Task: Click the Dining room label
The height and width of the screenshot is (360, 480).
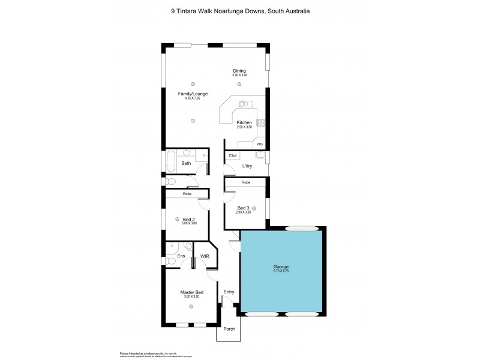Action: coord(239,71)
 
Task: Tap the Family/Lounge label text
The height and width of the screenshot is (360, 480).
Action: coord(193,94)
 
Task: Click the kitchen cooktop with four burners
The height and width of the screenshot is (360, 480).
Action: coord(261,123)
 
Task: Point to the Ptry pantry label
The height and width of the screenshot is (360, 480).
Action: coord(259,145)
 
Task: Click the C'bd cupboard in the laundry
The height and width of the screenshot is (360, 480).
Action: coord(232,156)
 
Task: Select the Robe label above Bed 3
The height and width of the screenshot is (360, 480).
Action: coord(246,182)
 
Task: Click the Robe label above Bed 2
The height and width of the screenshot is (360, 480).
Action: coord(187,194)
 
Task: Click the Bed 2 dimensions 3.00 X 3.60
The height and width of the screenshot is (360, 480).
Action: coord(190,224)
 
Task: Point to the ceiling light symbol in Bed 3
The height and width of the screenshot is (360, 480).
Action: coord(254,208)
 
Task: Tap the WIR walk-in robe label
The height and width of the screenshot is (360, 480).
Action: coord(205,256)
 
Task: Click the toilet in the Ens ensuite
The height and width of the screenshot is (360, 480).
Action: coord(188,246)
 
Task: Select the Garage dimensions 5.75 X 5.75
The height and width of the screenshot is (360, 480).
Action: coord(281,271)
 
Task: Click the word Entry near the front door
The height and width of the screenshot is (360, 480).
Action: coord(229,292)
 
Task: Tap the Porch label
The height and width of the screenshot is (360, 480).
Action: coord(229,329)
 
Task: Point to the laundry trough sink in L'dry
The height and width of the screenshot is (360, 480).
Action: coord(259,157)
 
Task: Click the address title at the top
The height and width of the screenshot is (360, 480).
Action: coord(240,11)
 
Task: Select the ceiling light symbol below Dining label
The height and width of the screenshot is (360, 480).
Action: coord(240,83)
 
